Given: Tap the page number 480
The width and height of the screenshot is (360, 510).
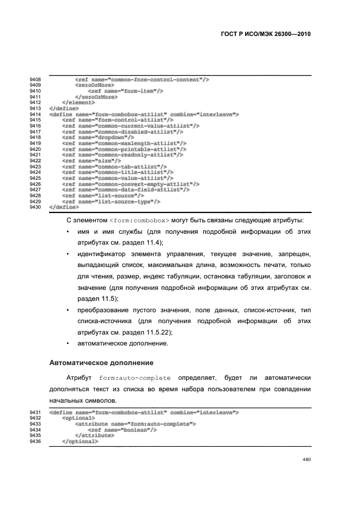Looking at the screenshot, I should click(x=306, y=459).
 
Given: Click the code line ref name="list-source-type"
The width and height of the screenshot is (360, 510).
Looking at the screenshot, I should click(x=111, y=201).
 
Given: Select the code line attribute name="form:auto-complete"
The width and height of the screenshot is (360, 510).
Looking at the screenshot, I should click(x=136, y=424).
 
